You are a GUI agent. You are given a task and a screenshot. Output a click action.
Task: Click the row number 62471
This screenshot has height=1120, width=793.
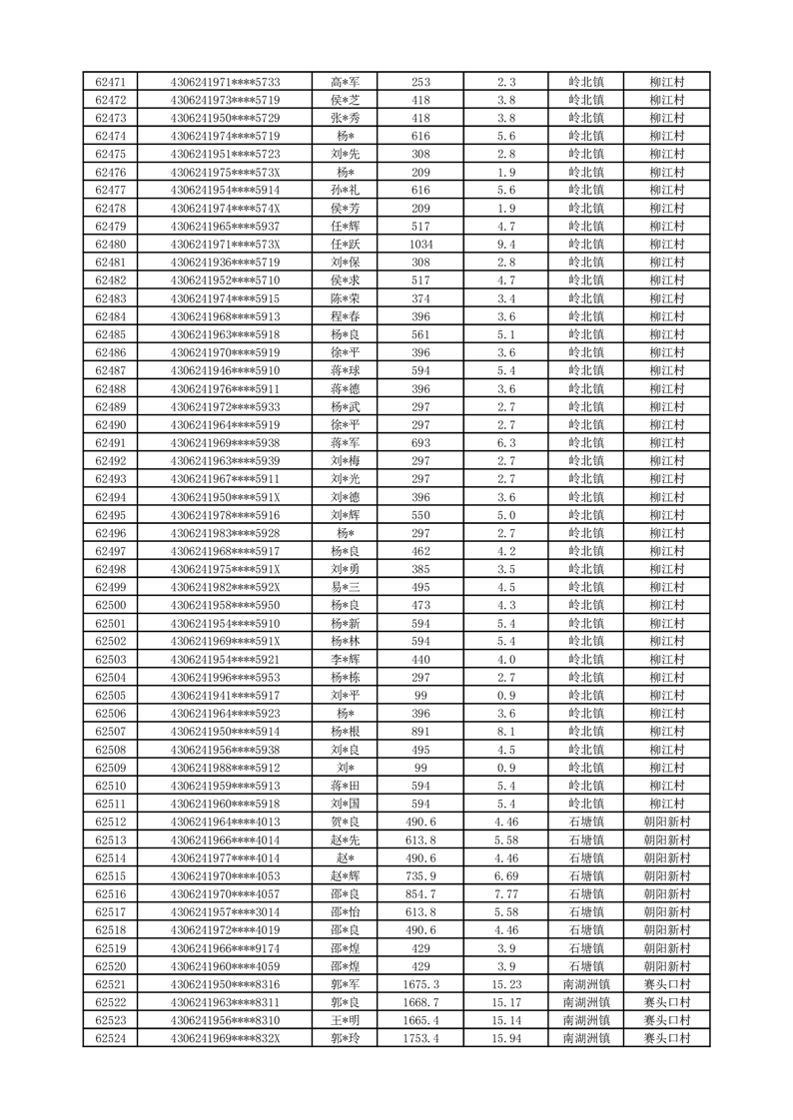[110, 82]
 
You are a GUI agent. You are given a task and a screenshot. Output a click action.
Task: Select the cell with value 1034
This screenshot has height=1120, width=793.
[420, 245]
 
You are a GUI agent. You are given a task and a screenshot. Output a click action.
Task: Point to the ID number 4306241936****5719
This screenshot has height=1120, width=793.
[226, 263]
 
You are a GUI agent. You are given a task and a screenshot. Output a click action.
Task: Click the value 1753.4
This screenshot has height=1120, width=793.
[420, 1039]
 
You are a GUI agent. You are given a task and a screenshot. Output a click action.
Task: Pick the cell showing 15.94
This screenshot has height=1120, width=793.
[506, 1039]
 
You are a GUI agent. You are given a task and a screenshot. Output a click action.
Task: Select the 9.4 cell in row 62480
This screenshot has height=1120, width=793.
[506, 245]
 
